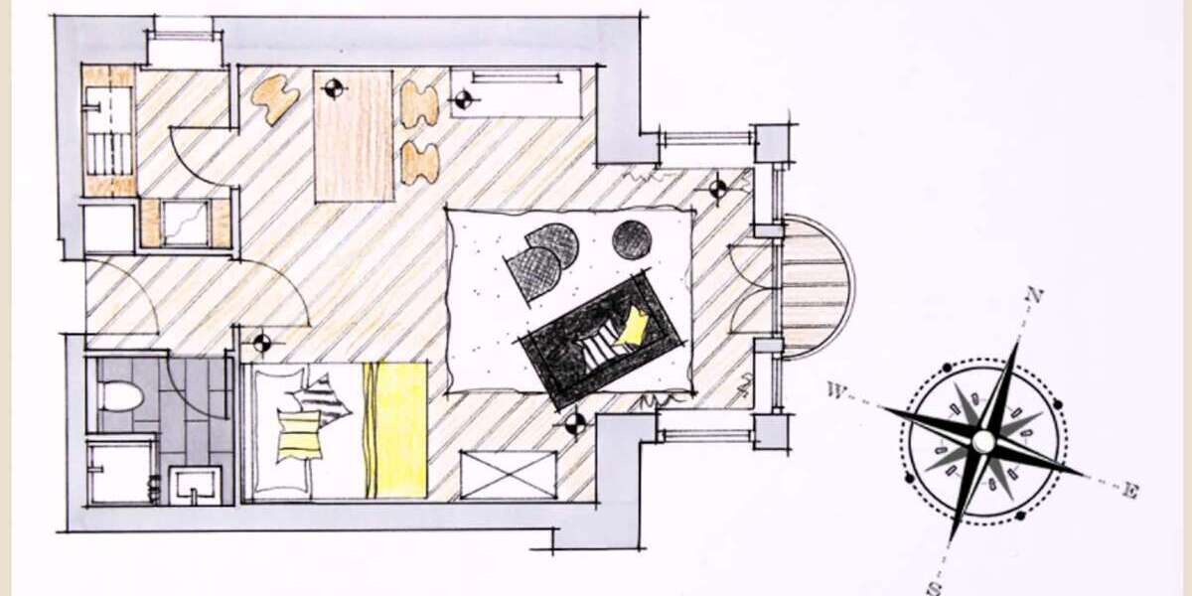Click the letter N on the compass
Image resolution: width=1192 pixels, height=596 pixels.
(x=1034, y=294)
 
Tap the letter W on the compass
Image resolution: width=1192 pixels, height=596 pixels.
(x=834, y=390)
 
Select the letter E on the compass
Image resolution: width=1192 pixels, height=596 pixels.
(x=1129, y=488)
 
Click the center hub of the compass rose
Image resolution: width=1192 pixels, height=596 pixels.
(x=982, y=440)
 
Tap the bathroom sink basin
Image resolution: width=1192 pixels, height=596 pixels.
(x=195, y=484)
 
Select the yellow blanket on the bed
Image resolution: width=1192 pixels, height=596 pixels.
(x=394, y=430)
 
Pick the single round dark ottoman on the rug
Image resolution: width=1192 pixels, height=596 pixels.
(x=632, y=239)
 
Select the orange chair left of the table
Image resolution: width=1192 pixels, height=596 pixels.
(x=278, y=99)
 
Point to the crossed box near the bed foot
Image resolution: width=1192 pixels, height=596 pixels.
(x=509, y=474)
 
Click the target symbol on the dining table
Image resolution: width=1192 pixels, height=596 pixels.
(x=333, y=88)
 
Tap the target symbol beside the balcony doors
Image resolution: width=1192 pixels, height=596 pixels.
(x=718, y=188)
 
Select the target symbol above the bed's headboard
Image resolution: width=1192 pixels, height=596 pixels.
(x=261, y=344)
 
